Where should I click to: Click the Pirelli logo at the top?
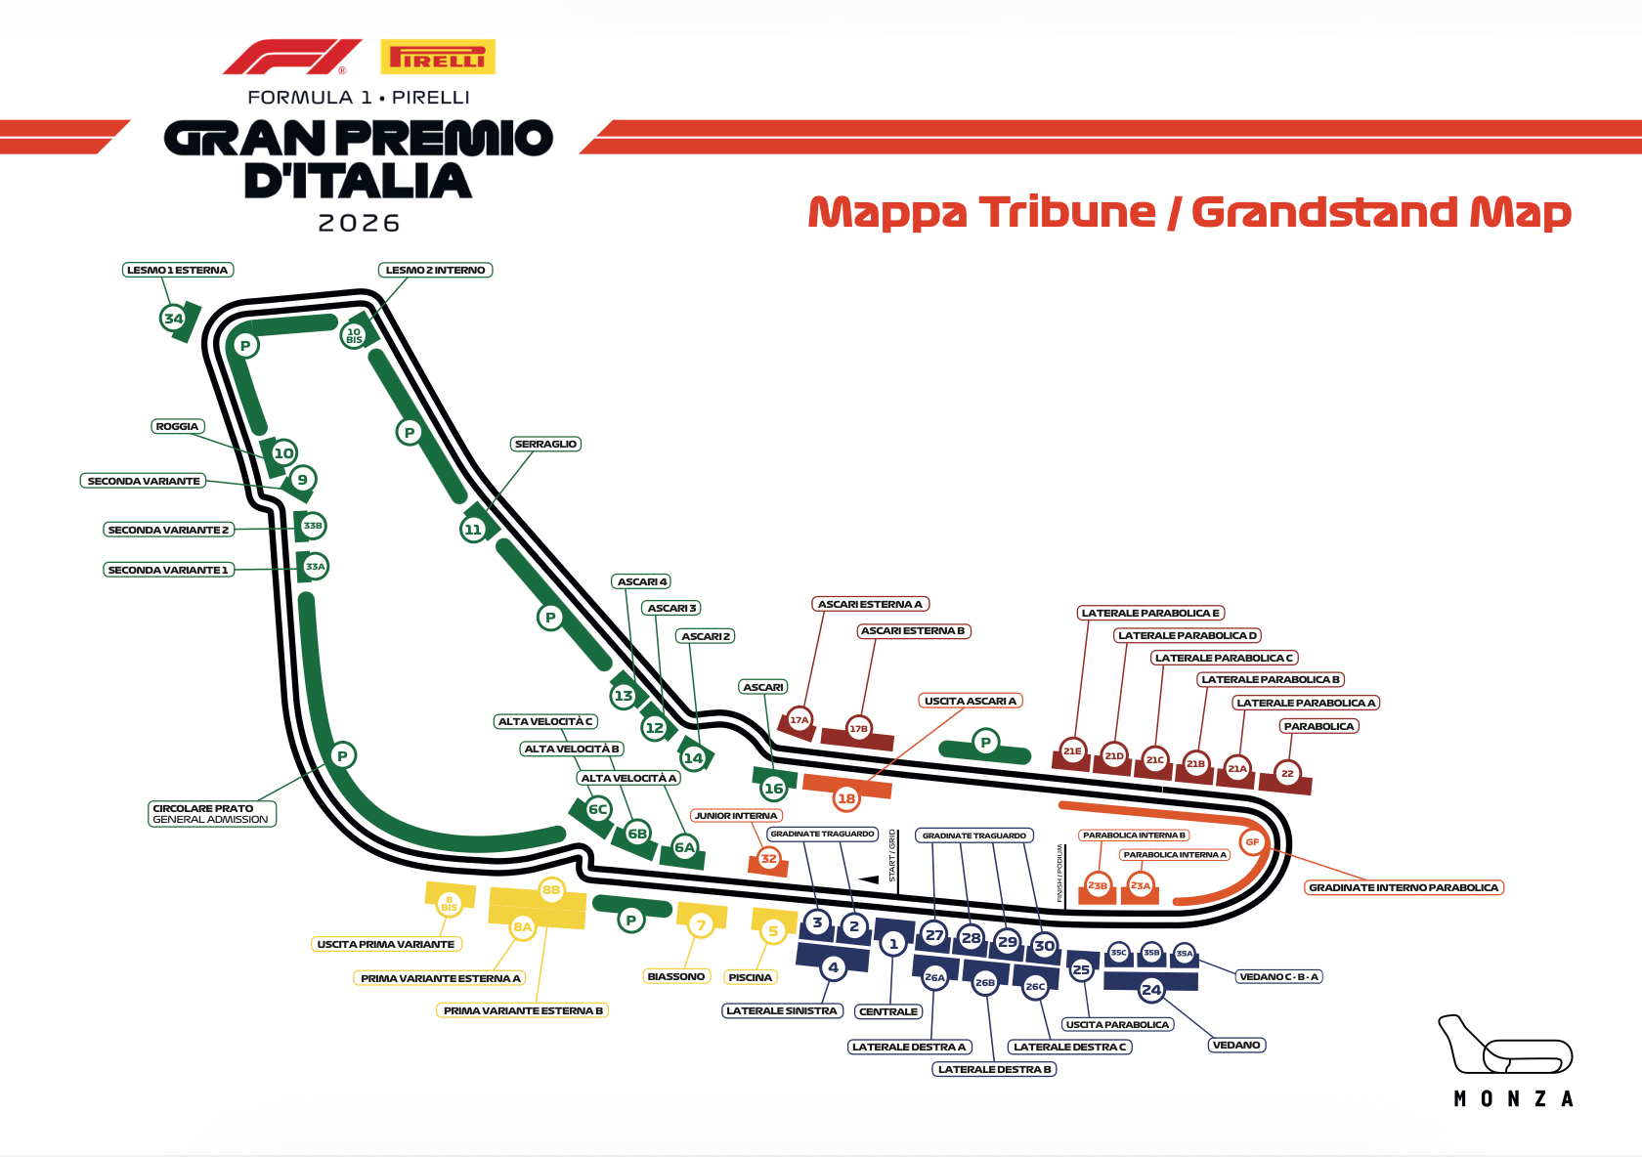438,58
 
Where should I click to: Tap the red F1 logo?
291,58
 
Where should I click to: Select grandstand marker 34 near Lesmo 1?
173,319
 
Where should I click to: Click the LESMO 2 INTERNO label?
435,271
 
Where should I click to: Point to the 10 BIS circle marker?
354,335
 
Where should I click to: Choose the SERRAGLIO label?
545,445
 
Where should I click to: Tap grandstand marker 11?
473,530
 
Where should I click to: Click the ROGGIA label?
177,427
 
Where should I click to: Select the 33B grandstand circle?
313,526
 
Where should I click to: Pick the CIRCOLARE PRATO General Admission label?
211,814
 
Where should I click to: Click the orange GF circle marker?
1252,842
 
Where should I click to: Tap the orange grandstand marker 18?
846,798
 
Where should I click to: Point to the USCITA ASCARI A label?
970,701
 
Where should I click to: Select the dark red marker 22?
1287,774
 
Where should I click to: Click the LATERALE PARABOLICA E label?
1150,614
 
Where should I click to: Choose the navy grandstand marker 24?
1151,990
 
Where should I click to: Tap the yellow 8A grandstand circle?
523,926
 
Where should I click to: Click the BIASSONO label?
675,977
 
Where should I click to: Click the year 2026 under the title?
359,224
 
